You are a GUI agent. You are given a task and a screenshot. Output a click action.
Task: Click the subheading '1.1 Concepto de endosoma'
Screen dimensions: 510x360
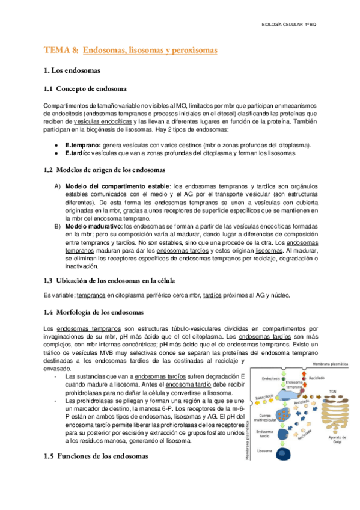[85, 89]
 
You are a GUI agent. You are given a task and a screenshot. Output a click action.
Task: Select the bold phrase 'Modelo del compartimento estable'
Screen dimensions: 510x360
[117, 185]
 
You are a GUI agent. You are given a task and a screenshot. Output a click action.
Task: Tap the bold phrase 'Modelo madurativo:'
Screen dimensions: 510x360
[93, 226]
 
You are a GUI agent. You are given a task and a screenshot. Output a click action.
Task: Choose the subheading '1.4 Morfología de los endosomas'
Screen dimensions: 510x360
[94, 312]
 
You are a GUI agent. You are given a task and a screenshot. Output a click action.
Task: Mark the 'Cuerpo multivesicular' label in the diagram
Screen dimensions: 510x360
[264, 401]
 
